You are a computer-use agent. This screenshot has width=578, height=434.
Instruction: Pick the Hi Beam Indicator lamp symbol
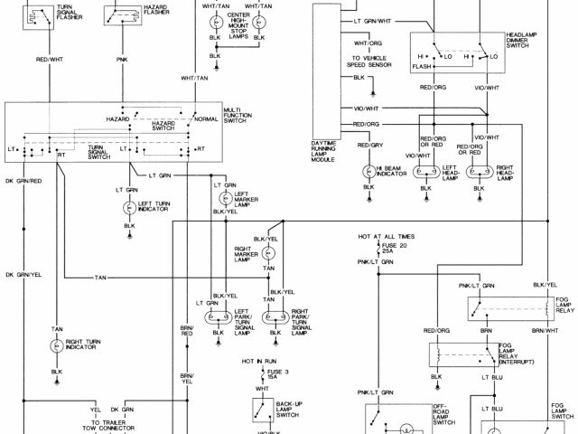(x=367, y=170)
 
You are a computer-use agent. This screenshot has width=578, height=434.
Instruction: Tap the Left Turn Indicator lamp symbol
(x=129, y=207)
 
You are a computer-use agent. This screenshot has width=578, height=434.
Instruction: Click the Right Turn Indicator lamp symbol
(x=56, y=345)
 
